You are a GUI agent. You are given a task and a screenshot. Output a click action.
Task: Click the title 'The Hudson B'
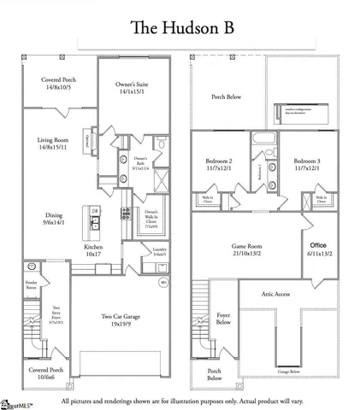180,26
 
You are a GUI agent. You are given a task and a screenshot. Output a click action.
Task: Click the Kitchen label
92,249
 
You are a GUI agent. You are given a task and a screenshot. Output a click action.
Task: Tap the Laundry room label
159,252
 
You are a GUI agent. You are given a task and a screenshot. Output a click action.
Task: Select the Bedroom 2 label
219,165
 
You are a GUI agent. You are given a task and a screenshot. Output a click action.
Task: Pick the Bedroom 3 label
306,165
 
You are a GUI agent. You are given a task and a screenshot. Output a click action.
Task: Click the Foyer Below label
224,319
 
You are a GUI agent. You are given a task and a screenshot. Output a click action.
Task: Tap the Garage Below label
288,372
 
